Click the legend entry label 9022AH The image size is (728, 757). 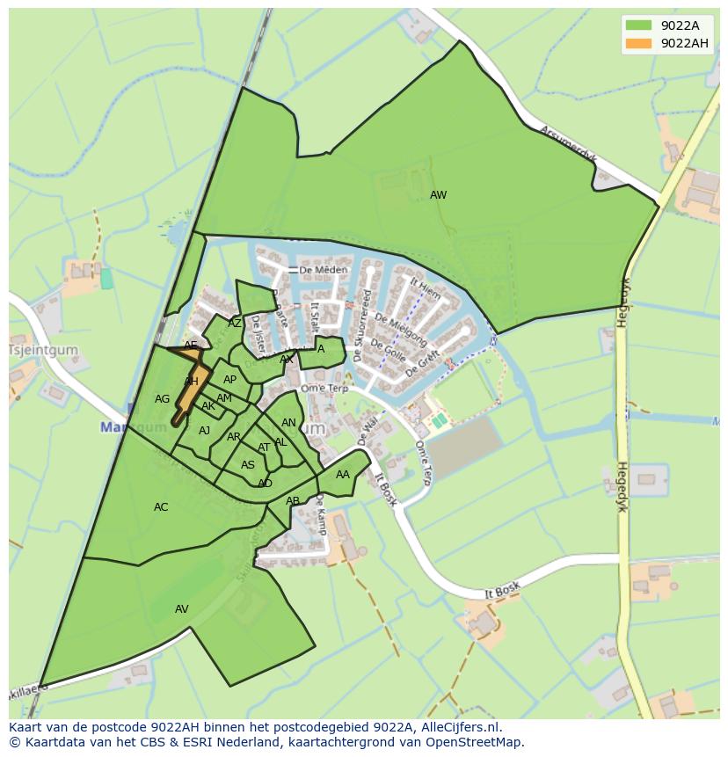[x=684, y=43]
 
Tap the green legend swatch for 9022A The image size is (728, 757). [x=639, y=25]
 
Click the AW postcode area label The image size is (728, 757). [x=438, y=195]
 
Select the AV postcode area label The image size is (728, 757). [x=182, y=609]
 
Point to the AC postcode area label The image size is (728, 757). [x=161, y=507]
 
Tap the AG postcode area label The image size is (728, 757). [x=162, y=399]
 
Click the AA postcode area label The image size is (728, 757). [x=343, y=475]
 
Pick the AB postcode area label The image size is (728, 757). [x=293, y=501]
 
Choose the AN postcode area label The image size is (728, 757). [x=288, y=424]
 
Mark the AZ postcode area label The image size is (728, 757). [x=235, y=324]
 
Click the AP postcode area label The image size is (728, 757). [x=229, y=380]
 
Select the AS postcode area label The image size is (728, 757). [x=248, y=465]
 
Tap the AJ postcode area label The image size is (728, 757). [x=204, y=431]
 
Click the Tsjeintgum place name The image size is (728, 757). [x=43, y=350]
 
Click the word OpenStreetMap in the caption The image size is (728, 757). [x=475, y=742]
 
